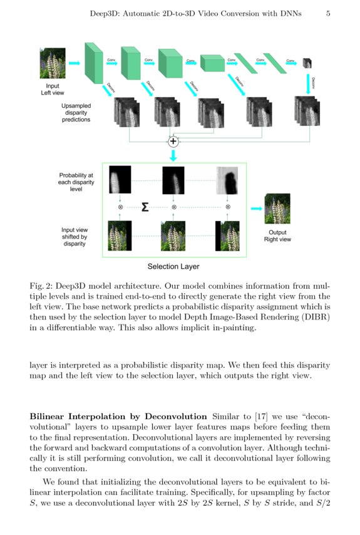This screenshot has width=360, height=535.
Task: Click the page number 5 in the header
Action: [328, 13]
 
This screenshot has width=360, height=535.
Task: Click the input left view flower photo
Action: [52, 63]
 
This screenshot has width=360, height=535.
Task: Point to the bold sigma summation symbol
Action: [145, 206]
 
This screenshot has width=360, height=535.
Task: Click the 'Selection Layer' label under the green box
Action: [173, 266]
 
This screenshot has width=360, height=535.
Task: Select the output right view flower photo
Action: [277, 209]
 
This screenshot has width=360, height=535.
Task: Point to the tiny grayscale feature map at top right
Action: [307, 63]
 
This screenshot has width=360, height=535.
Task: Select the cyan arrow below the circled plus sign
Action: [173, 155]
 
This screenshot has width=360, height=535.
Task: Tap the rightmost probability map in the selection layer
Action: [227, 180]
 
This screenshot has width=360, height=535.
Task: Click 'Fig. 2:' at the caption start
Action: [43, 285]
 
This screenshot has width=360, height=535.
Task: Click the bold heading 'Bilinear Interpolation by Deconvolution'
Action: [118, 417]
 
